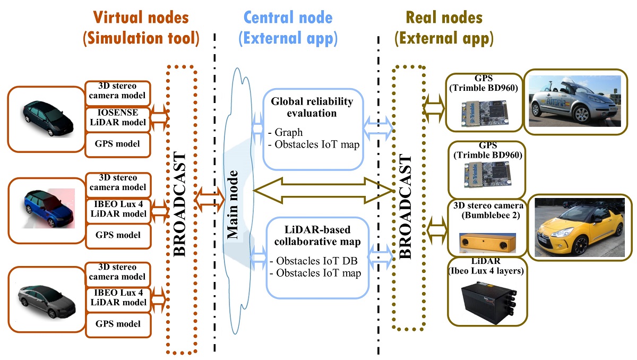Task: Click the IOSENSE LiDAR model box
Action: [x=117, y=117]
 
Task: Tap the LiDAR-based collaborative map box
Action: [x=317, y=258]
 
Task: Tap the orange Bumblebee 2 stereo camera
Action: [x=486, y=243]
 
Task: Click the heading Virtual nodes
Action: [x=141, y=18]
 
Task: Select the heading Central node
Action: [x=288, y=18]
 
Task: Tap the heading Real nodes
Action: [x=444, y=18]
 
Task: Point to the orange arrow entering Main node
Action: [x=210, y=199]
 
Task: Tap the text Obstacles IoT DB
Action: [x=313, y=261]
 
